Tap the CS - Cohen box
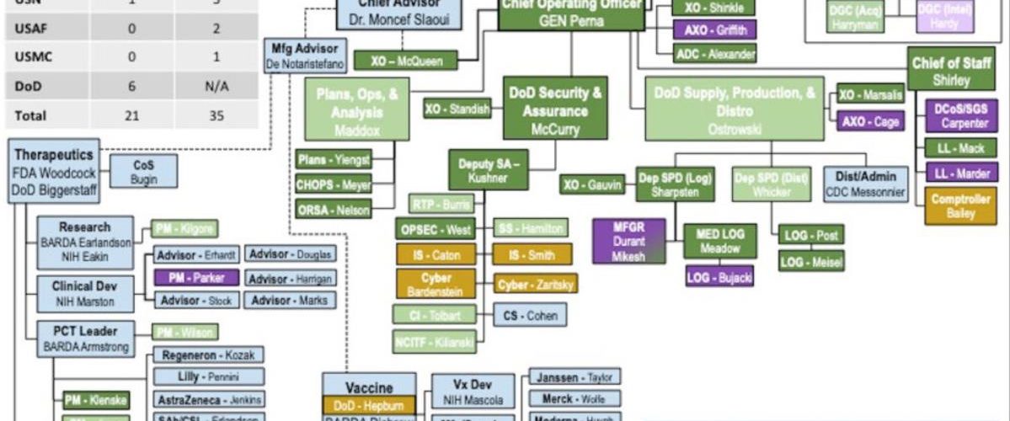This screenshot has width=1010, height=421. (x=530, y=315)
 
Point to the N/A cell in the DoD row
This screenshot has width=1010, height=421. (x=216, y=87)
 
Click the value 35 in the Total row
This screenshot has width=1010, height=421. (x=216, y=115)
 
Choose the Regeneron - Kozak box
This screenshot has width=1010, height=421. (x=208, y=354)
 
